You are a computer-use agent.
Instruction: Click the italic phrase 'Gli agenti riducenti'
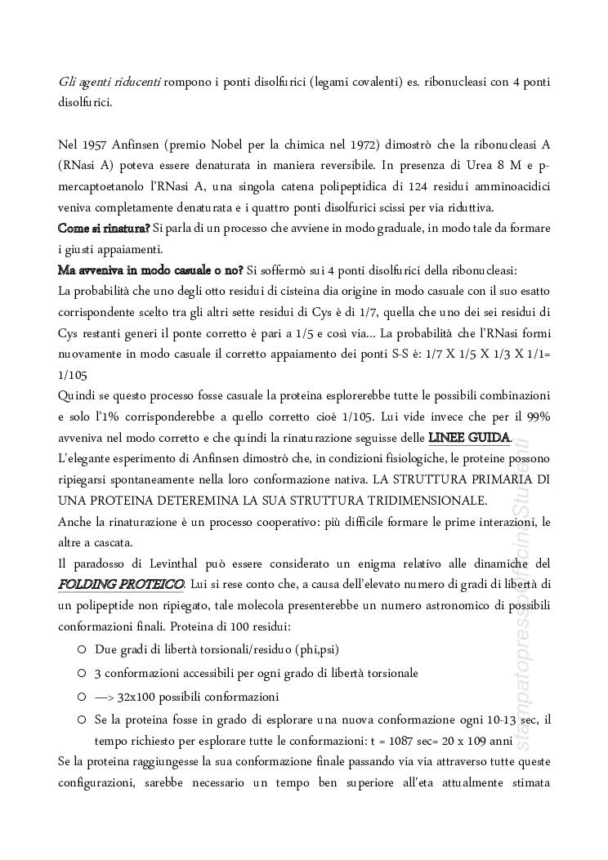pos(109,82)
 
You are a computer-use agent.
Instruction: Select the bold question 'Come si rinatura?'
pos(104,229)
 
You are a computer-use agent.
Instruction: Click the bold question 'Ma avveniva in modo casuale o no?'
pos(150,270)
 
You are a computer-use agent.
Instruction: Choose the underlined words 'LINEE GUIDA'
pos(469,438)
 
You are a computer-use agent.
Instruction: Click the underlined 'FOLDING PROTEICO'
pos(121,584)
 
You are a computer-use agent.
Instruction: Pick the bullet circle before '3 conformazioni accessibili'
pos(82,675)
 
